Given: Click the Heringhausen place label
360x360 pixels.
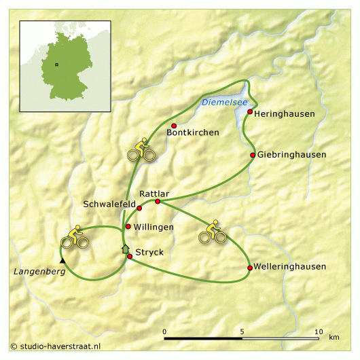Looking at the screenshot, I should coord(285,113).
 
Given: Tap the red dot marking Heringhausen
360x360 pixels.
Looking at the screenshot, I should coord(250,111).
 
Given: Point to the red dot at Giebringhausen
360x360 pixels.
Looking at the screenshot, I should coord(253,155).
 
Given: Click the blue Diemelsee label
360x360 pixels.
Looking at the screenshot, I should coord(221,103).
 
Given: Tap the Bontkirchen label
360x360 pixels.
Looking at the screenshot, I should coord(193,132).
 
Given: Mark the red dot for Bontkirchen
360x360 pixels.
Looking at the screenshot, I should coord(174,126).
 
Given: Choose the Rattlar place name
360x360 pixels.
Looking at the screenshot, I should coord(153,194).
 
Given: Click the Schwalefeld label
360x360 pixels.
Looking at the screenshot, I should coord(109,204).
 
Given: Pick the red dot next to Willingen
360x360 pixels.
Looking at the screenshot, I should coord(128,226).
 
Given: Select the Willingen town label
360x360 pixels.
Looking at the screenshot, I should coord(154,227).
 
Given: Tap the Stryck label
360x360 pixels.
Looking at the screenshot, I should coord(151,252).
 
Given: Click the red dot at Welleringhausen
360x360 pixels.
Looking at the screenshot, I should coord(250,268).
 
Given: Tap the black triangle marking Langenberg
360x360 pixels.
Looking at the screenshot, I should coord(62,260).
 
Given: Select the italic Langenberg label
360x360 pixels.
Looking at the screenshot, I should coord(39,272).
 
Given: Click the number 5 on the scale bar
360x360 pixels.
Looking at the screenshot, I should coord(242,331).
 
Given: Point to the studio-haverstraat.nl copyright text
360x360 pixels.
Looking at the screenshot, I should coord(56,346).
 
